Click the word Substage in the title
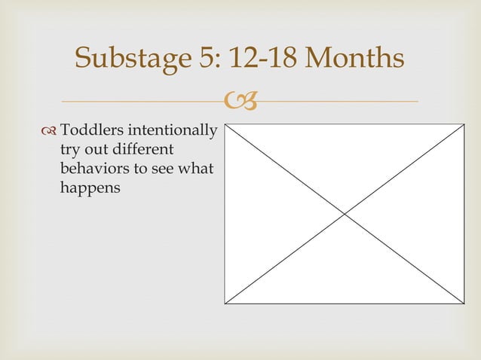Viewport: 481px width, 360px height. (x=132, y=58)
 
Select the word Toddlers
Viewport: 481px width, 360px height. (x=92, y=133)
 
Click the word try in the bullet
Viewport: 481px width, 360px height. (x=69, y=151)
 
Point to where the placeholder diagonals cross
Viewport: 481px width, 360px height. (x=345, y=214)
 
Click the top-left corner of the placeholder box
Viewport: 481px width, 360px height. (x=225, y=124)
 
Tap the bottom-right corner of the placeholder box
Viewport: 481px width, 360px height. (x=464, y=304)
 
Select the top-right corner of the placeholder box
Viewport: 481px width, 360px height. (x=464, y=124)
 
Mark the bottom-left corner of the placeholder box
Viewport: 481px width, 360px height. (x=225, y=304)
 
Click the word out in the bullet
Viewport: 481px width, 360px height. (x=96, y=151)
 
